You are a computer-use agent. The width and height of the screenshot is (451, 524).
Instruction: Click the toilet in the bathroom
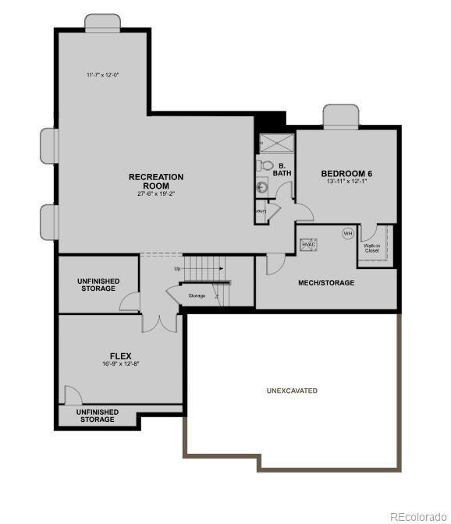[x=267, y=165]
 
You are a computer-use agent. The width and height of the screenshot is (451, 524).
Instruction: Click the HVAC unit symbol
[x=308, y=244]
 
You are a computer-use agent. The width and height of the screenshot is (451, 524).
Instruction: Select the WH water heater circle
[x=347, y=233]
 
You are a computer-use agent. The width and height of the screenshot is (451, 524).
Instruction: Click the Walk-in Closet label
[x=371, y=248]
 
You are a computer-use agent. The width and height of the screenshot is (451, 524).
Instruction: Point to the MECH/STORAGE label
[x=327, y=282]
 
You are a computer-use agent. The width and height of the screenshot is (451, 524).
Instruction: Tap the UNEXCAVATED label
[x=293, y=390]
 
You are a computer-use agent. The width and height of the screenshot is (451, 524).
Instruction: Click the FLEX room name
[x=120, y=356]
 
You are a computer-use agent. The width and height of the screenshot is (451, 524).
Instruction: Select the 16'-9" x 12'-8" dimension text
[x=120, y=364]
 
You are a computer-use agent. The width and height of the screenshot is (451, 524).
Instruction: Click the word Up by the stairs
[x=177, y=269]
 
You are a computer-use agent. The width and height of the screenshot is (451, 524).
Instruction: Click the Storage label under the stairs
[x=197, y=296]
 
